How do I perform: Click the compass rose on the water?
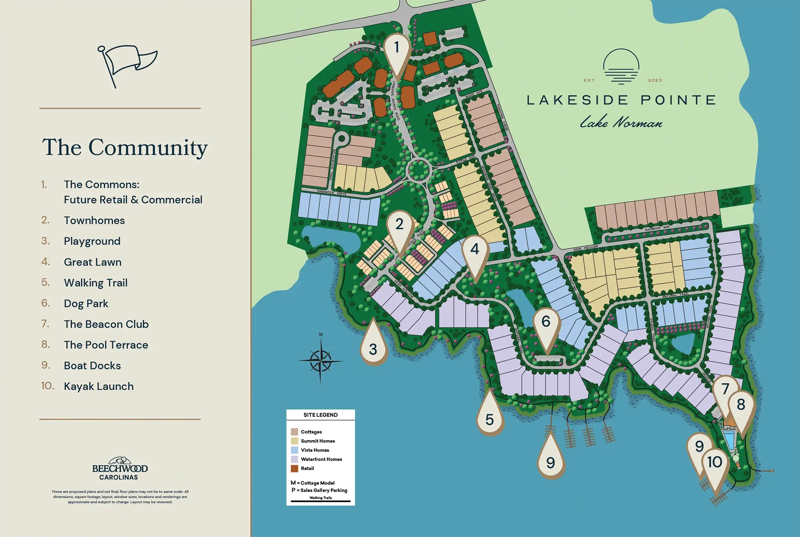point(320,360)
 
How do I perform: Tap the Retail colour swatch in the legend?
point(294,469)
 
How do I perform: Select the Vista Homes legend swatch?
point(294,450)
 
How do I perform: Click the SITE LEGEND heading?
point(320,415)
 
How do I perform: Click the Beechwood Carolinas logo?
point(120,469)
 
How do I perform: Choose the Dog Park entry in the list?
point(86,304)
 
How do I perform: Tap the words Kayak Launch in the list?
point(99,387)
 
